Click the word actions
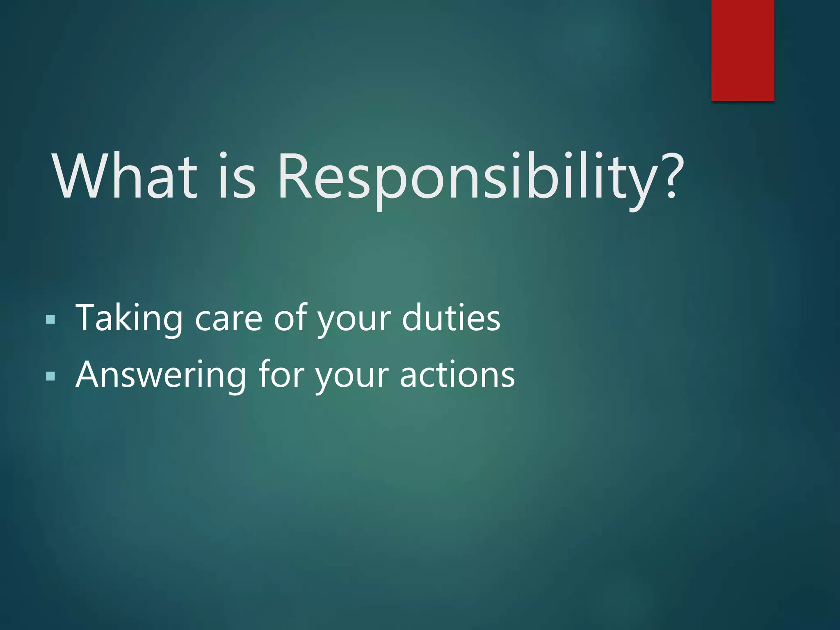point(457,374)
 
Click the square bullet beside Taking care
point(50,320)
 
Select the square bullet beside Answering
point(50,376)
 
